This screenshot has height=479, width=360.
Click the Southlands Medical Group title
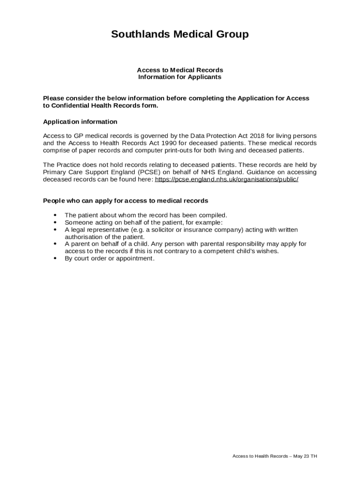[180, 34]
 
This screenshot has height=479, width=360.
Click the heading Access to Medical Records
[180, 70]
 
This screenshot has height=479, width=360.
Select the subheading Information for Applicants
[180, 77]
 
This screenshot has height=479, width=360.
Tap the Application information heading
[80, 122]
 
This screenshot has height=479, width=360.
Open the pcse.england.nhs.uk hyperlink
[226, 179]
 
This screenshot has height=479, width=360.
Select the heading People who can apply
[125, 201]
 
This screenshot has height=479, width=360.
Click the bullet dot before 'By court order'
[55, 258]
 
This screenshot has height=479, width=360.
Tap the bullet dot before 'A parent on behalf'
[55, 244]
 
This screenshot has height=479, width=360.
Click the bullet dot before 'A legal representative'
[55, 230]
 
